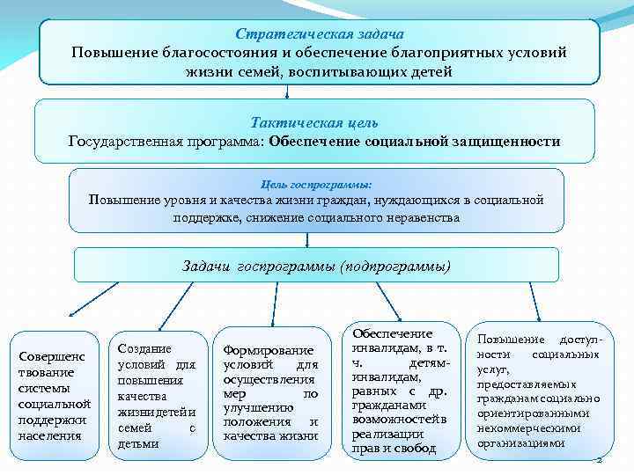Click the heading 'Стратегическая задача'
coord(319,33)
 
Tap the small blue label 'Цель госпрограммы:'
coord(316,185)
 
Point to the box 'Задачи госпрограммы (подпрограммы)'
coord(316,265)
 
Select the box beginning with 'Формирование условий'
coord(269,392)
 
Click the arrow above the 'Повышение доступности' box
coord(534,300)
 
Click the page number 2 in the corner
coord(599,460)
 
